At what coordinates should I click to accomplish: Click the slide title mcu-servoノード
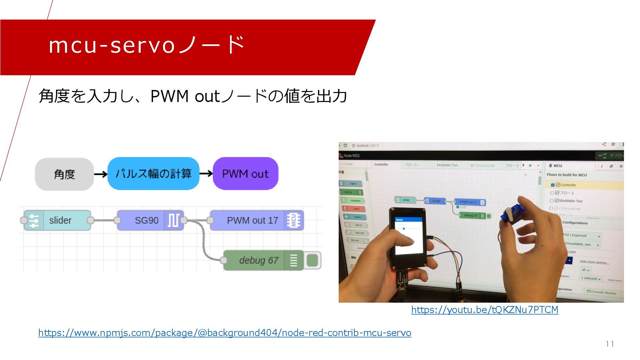coord(147,45)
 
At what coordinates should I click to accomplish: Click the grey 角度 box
coord(64,174)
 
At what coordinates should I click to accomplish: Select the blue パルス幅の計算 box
coord(153,174)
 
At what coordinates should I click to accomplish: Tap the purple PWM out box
coord(245,174)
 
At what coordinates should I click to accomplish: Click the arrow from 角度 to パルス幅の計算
coord(100,174)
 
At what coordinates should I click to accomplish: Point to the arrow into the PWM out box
coord(206,174)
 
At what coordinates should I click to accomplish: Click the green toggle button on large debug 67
coord(312,260)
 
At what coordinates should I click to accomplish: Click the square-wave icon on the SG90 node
coord(173,220)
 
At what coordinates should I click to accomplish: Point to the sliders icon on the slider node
coord(34,220)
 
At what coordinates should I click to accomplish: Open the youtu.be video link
coord(485,310)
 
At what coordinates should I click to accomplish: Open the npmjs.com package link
coord(225,333)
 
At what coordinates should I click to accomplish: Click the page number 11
coord(610,344)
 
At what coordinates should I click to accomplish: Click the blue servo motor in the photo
coord(512,215)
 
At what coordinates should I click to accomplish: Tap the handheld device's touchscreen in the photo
coord(408,235)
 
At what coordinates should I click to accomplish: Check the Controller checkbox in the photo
coord(553,185)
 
